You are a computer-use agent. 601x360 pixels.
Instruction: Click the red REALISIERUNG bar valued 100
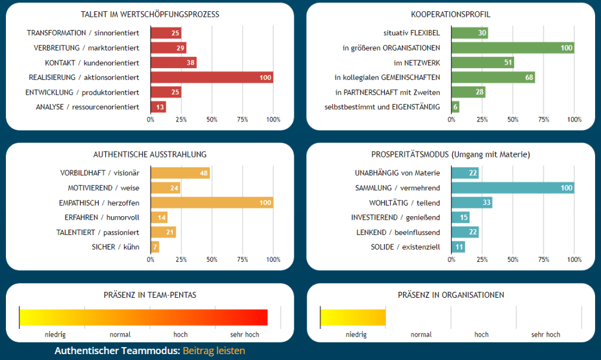pos(211,78)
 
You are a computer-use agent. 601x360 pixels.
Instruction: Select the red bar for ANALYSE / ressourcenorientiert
pos(159,107)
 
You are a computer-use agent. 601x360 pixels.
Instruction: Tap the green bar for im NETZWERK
pos(483,62)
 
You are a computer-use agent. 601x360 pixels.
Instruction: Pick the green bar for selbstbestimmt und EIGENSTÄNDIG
pos(455,107)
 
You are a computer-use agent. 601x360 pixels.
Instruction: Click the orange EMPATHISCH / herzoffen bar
pos(211,203)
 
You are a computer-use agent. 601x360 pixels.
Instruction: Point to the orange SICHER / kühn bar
pos(155,247)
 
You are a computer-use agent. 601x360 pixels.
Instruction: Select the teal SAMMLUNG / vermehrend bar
pos(512,188)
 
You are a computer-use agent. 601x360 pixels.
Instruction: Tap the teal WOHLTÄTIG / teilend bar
pos(472,203)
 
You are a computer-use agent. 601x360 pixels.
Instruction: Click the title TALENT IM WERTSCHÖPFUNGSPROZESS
pos(150,14)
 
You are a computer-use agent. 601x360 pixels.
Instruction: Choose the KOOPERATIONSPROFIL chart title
pos(451,14)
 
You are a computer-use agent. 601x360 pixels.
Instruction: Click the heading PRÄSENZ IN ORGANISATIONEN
pos(451,295)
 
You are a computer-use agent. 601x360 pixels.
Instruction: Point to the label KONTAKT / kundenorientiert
pos(92,63)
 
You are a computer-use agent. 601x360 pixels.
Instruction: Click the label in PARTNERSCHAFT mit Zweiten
pos(388,92)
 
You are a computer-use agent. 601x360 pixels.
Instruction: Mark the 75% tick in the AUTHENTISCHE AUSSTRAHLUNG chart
pos(242,260)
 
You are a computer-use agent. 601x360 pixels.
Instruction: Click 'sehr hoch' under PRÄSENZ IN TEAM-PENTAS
pos(244,335)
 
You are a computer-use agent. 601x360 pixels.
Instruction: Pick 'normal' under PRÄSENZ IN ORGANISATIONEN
pos(421,335)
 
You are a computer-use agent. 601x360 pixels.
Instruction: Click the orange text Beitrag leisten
pos(214,351)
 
